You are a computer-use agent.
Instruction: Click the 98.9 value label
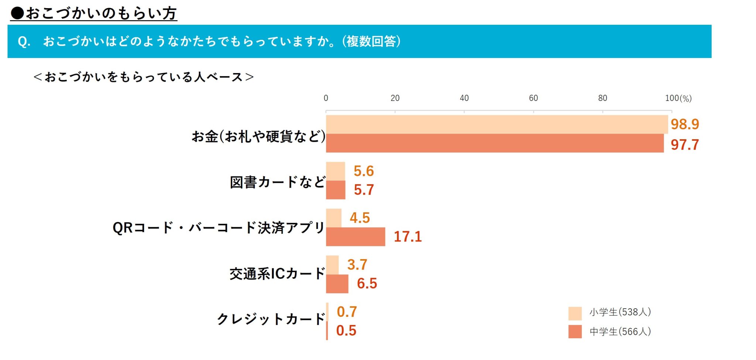coord(684,124)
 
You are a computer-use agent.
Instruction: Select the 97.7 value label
coord(684,145)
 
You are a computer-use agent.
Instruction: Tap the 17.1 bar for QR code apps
coord(355,237)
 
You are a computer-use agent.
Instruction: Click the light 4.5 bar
coord(334,218)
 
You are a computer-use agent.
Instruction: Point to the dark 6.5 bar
coord(337,284)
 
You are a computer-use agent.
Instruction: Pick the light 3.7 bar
coord(332,265)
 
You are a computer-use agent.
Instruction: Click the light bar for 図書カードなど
coord(336,171)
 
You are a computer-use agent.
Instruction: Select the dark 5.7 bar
coord(336,190)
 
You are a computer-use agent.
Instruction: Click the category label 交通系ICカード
coord(277,274)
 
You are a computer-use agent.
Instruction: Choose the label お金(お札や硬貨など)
coord(258,137)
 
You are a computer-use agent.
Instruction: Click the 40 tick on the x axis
coord(464,98)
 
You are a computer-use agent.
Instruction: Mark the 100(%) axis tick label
coord(678,98)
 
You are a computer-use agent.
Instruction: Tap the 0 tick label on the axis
coord(326,98)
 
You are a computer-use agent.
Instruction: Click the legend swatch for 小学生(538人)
coord(575,313)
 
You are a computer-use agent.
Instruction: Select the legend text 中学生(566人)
coord(620,332)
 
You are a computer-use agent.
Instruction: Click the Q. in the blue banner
coord(24,41)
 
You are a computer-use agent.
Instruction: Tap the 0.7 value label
coord(347,312)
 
